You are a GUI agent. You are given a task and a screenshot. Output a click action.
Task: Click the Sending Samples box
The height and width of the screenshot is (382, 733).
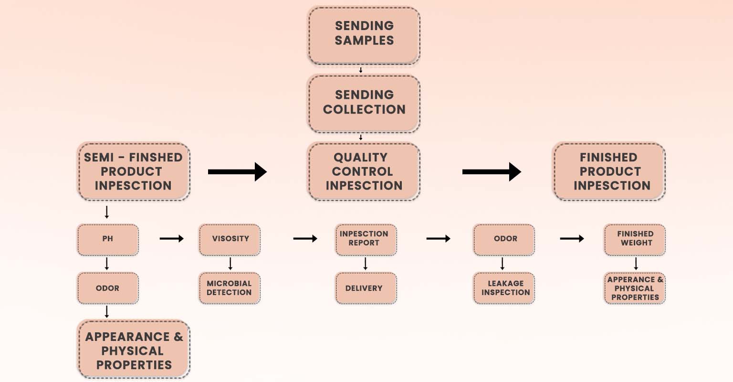(364, 35)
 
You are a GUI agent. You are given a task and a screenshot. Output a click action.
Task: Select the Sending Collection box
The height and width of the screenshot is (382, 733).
(364, 104)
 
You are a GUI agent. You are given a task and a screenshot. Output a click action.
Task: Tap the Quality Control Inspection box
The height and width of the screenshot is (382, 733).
(364, 171)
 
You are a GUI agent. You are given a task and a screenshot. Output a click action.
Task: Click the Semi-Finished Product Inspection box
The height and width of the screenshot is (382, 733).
(134, 171)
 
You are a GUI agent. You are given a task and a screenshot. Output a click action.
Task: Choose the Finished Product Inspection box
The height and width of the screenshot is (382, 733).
(609, 171)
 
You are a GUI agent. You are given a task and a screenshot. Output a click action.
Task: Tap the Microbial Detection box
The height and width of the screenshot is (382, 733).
(230, 288)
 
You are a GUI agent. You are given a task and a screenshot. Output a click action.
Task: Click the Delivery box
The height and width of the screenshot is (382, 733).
(366, 288)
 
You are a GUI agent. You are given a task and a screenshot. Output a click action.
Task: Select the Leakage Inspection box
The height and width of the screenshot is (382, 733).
(504, 288)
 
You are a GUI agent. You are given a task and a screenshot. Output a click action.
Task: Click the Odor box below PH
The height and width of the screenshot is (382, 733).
(108, 288)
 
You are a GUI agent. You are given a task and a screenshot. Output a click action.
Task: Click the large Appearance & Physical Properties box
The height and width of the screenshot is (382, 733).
(134, 349)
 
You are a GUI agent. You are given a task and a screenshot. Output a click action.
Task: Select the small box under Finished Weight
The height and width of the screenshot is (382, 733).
(635, 288)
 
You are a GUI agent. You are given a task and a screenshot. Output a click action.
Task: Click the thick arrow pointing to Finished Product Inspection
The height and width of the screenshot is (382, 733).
(492, 172)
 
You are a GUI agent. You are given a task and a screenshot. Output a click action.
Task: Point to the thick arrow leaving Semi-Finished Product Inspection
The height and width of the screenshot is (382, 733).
(237, 172)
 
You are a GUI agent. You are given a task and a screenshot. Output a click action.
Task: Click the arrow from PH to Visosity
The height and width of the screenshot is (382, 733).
(171, 239)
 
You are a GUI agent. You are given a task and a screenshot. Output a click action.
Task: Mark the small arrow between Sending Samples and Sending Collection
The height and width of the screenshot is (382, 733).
(361, 70)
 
